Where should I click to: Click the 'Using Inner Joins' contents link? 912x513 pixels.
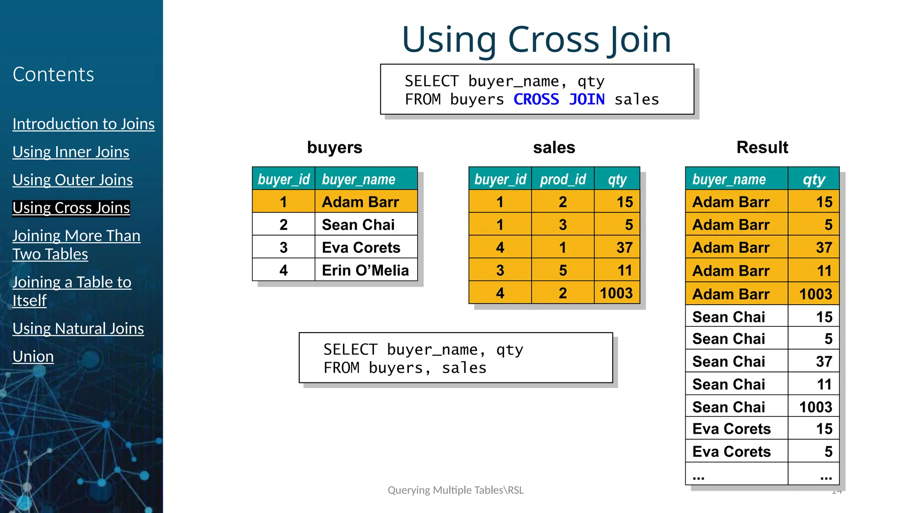point(71,152)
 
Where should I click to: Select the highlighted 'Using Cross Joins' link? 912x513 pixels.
point(71,208)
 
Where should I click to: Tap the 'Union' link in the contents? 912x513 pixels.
point(33,356)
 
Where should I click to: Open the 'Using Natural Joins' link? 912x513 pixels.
point(78,329)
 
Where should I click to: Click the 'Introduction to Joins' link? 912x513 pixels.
point(84,124)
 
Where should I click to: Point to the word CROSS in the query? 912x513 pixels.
point(536,99)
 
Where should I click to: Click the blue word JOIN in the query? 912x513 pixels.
point(587,99)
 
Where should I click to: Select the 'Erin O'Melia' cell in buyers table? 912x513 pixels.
point(365,270)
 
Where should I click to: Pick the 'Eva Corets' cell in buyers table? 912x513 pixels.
point(361,248)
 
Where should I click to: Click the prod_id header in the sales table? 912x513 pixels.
point(563,179)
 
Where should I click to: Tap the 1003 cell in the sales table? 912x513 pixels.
point(616,293)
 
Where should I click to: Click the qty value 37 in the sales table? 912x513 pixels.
point(624,248)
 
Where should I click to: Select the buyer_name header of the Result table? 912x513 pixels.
point(729,179)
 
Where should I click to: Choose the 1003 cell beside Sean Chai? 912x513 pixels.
point(815,407)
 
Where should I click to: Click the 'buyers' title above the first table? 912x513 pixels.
point(335,147)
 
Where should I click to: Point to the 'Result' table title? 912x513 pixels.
point(762,147)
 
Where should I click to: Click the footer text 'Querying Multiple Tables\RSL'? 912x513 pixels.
point(456,490)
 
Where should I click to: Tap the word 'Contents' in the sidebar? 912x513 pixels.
point(53,74)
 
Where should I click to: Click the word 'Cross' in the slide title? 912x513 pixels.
point(554,40)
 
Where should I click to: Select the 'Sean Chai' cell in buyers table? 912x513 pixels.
point(358,225)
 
